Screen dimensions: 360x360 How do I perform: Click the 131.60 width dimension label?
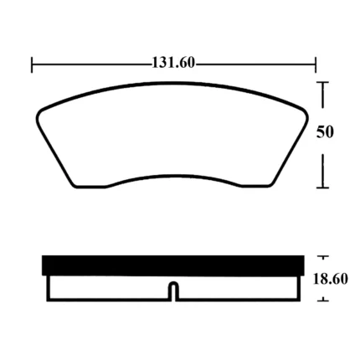(x=173, y=63)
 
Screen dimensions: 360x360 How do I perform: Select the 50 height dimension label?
(x=325, y=131)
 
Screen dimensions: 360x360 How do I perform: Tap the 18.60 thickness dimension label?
(x=331, y=279)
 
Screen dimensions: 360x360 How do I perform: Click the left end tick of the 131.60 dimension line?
(x=32, y=64)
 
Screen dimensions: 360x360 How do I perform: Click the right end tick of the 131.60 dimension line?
(x=316, y=64)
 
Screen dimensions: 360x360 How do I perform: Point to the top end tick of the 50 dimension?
(x=323, y=82)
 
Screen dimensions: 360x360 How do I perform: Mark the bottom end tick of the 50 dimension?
(x=323, y=188)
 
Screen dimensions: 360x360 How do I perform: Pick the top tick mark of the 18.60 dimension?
(x=323, y=256)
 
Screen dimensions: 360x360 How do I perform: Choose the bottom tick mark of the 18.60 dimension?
(x=323, y=301)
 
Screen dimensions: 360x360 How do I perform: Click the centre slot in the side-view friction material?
(x=174, y=291)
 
